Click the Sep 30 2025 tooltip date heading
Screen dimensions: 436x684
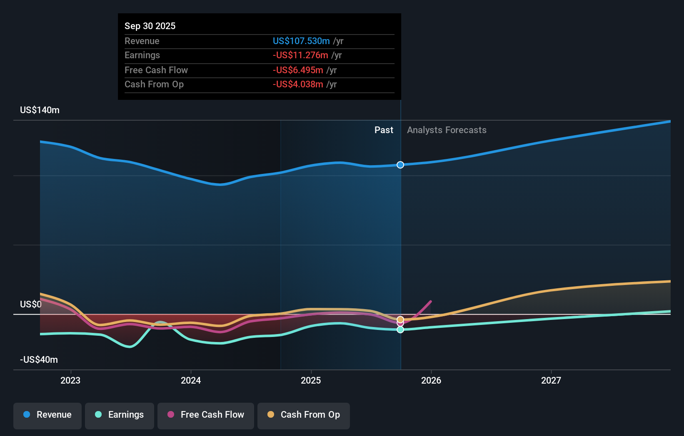[x=150, y=26]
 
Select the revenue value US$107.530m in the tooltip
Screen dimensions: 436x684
[x=301, y=41]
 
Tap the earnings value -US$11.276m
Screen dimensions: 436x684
[x=300, y=55]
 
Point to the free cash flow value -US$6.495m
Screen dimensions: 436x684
[x=298, y=70]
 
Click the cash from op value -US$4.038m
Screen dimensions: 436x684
[x=298, y=84]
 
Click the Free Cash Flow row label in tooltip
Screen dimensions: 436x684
[x=156, y=70]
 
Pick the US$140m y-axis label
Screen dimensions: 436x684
[x=40, y=110]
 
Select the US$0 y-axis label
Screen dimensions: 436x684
[x=31, y=304]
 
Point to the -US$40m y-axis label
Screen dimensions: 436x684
[x=39, y=359]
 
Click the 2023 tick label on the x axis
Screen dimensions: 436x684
[x=70, y=380]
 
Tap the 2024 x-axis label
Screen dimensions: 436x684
[x=191, y=380]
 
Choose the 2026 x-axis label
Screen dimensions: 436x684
[x=431, y=380]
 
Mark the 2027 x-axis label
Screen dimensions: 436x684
[x=551, y=380]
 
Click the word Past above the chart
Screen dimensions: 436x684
[x=384, y=130]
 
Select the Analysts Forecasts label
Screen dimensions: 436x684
[x=447, y=130]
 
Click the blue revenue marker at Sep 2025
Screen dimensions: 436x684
[x=400, y=165]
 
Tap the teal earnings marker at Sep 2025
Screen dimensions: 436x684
[x=400, y=329]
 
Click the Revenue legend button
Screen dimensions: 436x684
[x=47, y=415]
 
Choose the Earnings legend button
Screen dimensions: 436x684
[x=120, y=415]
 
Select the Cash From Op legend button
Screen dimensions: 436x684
[x=304, y=415]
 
